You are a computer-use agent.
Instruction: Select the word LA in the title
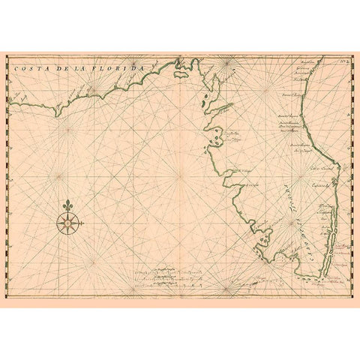point(78,67)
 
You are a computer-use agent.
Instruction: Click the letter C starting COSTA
point(16,67)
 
